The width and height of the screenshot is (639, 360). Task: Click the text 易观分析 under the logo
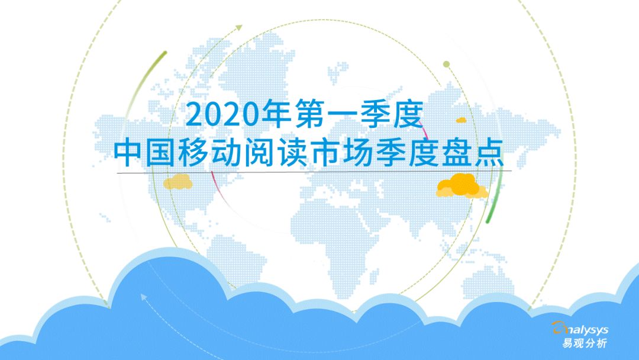[x=585, y=343]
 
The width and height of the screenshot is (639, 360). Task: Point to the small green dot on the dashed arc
[x=446, y=64]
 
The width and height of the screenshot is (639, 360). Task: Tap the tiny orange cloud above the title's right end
[x=461, y=120]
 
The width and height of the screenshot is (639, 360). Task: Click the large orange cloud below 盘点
[x=461, y=186]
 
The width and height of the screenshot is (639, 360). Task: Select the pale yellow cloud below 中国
[x=177, y=182]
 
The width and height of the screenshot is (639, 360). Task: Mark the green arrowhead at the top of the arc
[x=239, y=27]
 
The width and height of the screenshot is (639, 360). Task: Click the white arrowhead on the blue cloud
[x=143, y=297]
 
